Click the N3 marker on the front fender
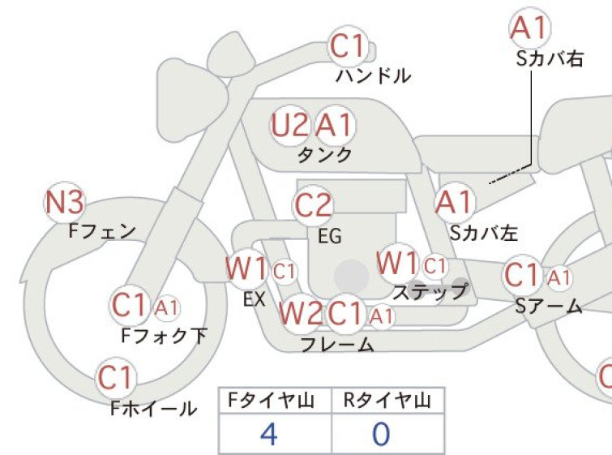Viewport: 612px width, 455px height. (x=64, y=202)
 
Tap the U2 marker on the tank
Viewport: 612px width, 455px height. (x=289, y=126)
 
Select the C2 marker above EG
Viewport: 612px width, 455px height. (x=313, y=205)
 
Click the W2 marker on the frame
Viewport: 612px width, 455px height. (x=301, y=313)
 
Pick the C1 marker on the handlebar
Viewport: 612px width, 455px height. (x=349, y=46)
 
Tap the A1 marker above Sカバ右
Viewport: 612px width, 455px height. (x=530, y=28)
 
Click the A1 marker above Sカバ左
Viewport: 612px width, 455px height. (x=455, y=202)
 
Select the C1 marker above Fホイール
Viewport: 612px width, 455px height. (x=116, y=378)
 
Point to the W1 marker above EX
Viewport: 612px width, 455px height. (x=246, y=268)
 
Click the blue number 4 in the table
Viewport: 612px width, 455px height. (x=268, y=434)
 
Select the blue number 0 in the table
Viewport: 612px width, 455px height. (x=381, y=434)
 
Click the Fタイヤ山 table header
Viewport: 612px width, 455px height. (x=271, y=401)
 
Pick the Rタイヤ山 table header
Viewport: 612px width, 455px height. (x=387, y=401)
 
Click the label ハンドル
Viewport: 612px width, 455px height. (x=373, y=75)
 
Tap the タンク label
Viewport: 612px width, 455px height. (x=325, y=155)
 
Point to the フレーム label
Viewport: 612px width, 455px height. (x=338, y=345)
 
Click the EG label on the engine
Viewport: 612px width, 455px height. (x=330, y=236)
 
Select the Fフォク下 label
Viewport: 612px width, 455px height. (x=164, y=336)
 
